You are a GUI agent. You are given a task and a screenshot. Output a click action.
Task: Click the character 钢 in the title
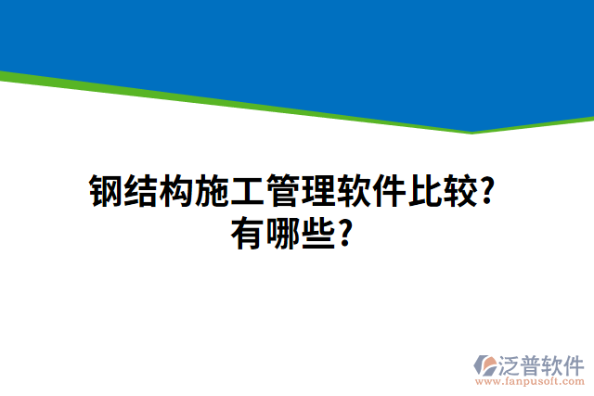[x=106, y=192]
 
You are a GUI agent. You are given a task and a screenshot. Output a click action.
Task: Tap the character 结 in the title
[x=141, y=192]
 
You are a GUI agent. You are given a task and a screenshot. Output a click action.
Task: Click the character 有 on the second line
[x=247, y=233]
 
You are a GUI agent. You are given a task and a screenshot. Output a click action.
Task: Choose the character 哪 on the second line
[x=282, y=233]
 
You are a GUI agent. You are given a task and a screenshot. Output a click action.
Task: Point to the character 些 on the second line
[x=317, y=233]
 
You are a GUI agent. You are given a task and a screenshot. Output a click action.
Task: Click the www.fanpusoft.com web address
[x=528, y=381]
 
